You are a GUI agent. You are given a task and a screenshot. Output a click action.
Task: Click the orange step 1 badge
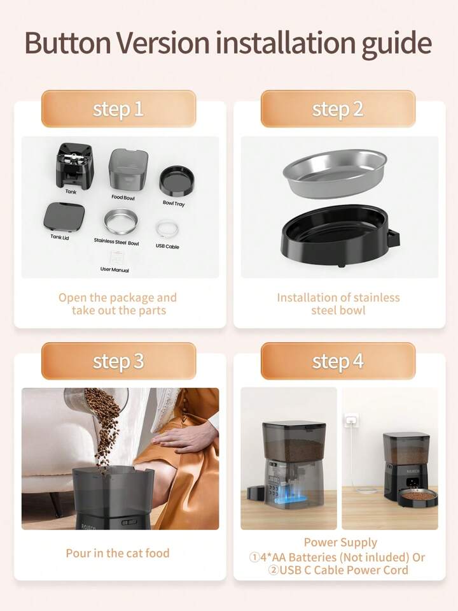[118, 109]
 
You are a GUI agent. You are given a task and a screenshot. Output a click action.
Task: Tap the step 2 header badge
[338, 109]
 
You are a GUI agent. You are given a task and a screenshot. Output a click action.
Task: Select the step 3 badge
[118, 361]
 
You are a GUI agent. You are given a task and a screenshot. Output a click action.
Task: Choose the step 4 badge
[338, 361]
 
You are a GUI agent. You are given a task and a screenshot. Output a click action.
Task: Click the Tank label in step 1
[71, 191]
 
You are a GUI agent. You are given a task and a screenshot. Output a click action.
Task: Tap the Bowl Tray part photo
[177, 181]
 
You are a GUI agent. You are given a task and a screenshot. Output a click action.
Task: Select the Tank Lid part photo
[64, 217]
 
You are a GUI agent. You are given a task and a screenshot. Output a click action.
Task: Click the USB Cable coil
[167, 229]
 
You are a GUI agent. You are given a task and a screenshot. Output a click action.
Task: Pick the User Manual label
[114, 270]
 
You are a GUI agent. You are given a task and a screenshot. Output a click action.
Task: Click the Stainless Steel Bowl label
[116, 241]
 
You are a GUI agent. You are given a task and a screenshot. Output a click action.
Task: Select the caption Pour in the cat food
[118, 553]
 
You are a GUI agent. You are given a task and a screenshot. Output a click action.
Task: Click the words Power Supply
[340, 543]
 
